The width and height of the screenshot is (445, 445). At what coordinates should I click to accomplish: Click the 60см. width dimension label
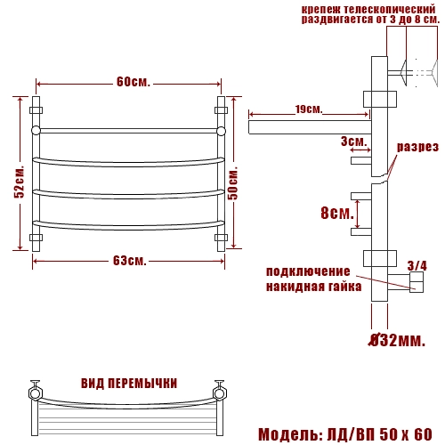pos(133,82)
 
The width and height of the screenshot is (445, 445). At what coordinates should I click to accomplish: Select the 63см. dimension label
pos(130,261)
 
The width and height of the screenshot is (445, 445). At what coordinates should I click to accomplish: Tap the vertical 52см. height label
pos(20,182)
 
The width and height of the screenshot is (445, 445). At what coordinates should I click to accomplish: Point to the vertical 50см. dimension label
pos(233,183)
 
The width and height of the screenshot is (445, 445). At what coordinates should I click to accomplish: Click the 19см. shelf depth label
pos(309,109)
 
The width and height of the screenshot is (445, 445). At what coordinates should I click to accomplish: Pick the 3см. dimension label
pos(354,142)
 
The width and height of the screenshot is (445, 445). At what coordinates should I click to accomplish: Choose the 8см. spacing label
pos(337,213)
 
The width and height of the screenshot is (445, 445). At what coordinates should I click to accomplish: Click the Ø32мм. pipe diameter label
pos(397,340)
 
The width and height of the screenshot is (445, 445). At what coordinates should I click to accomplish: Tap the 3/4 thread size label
pos(417,265)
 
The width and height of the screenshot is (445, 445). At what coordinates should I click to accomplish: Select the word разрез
pos(417,147)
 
